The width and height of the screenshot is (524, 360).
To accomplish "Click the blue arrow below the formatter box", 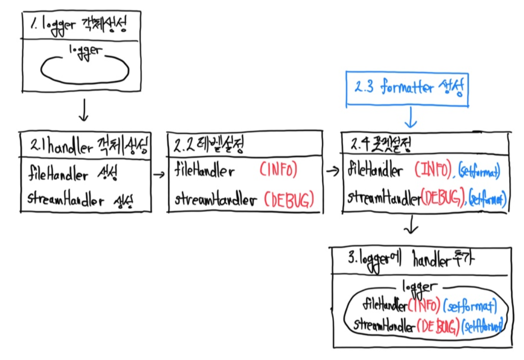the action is point(411,118).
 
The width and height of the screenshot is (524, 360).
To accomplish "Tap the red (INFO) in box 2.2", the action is point(278,171).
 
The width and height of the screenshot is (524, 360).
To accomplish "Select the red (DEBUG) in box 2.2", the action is point(289,200).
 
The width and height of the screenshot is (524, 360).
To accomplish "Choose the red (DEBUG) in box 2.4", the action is point(441,198).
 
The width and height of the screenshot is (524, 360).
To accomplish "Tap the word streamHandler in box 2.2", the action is point(216,200).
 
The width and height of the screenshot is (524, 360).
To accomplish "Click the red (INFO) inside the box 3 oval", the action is point(423,307).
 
